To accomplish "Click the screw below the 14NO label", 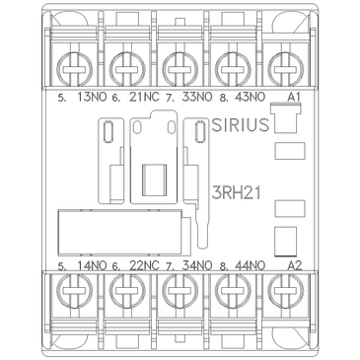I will (x=72, y=294).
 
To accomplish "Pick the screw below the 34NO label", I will (x=180, y=294).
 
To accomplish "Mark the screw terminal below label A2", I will (x=287, y=294).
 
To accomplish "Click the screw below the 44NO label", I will (x=234, y=294).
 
